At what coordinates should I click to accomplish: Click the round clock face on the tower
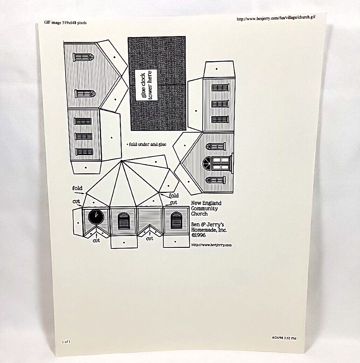[x=96, y=217]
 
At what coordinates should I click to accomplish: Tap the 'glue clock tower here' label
[x=146, y=85]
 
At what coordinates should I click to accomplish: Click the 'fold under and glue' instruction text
[x=147, y=144]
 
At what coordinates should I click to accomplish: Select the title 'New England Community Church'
[x=206, y=208]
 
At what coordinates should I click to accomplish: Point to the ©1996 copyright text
[x=199, y=235]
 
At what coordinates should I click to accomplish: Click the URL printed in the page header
[x=276, y=18]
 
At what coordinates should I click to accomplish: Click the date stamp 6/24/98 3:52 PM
[x=284, y=338]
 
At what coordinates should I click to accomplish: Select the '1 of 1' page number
[x=66, y=342]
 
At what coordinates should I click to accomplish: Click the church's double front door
[x=221, y=163]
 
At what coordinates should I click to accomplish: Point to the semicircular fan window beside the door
[x=207, y=163]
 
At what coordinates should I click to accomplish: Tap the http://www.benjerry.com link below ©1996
[x=211, y=245]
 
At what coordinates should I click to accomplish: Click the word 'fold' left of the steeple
[x=77, y=188]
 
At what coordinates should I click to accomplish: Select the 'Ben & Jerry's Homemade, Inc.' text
[x=209, y=227]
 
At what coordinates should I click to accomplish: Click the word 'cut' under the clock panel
[x=96, y=240]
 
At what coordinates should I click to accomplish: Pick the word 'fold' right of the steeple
[x=174, y=195]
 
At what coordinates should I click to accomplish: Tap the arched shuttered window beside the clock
[x=124, y=221]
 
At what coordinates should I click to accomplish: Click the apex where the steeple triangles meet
[x=121, y=161]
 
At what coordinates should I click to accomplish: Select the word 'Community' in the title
[x=204, y=208]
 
